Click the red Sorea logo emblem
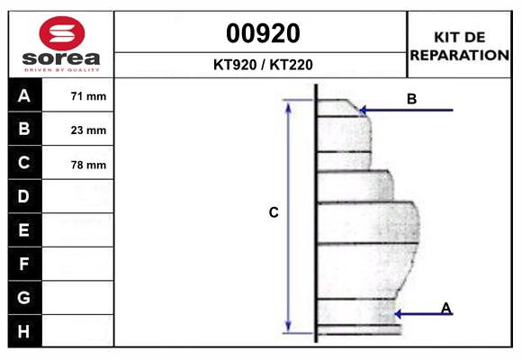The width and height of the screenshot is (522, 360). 62,33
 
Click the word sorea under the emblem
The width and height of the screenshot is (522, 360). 61,58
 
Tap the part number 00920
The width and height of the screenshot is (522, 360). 263,33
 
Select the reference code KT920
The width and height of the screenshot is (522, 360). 235,65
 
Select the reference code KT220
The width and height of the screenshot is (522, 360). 292,65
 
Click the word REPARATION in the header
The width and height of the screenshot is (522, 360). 460,55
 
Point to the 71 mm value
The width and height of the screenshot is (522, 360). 88,96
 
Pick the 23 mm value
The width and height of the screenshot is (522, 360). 88,130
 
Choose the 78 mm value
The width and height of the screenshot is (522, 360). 88,165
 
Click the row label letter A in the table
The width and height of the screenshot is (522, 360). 24,96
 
